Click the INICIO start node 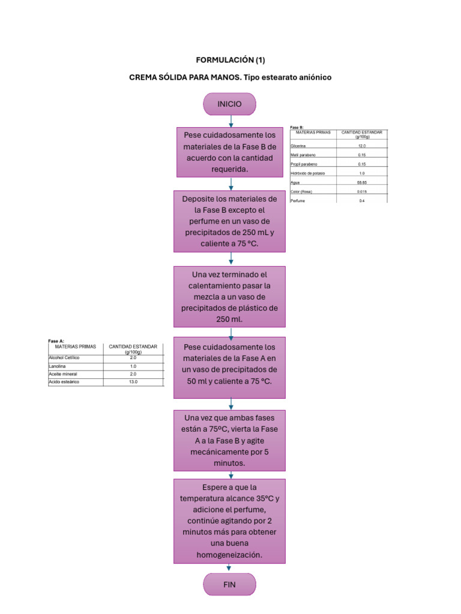[x=230, y=104]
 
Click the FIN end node [x=230, y=584]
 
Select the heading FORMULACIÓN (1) [x=230, y=60]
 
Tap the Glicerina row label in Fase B [x=299, y=146]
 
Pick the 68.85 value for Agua [x=361, y=182]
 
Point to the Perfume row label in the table [x=298, y=200]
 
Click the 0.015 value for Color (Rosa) [x=361, y=191]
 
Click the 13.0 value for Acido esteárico [x=133, y=382]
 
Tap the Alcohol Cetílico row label [x=64, y=357]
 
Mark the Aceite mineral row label [x=63, y=374]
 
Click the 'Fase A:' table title [x=56, y=341]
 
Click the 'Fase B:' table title [x=297, y=127]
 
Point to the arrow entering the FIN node [x=230, y=568]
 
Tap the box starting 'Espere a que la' [x=230, y=520]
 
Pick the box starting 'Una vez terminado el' [x=230, y=297]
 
